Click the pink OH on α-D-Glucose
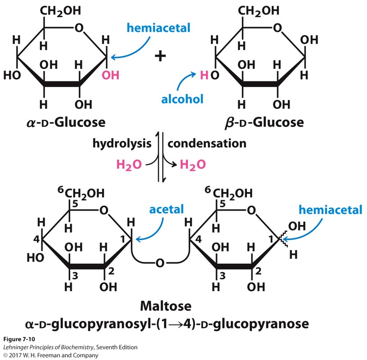pos(111,75)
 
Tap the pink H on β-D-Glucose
pos(204,75)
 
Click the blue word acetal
pos(167,209)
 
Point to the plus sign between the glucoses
pos(160,55)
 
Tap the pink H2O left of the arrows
pos(129,165)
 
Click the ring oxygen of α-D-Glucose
pos(79,28)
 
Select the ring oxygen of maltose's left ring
pos(104,210)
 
